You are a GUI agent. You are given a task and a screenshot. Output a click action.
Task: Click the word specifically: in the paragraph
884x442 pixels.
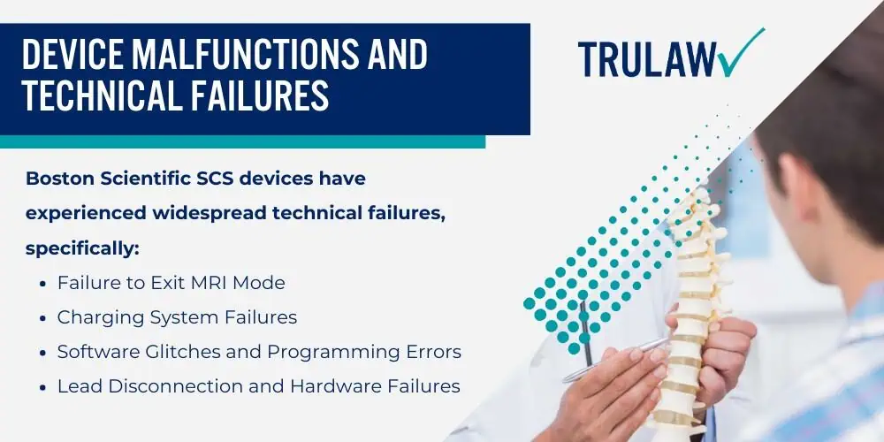coord(82,249)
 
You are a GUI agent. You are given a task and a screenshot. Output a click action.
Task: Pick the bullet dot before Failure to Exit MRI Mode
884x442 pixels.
coord(43,284)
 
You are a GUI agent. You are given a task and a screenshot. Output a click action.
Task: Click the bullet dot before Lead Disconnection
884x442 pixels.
coord(43,387)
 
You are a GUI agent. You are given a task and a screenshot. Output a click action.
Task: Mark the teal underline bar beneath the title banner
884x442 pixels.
coord(242,141)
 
